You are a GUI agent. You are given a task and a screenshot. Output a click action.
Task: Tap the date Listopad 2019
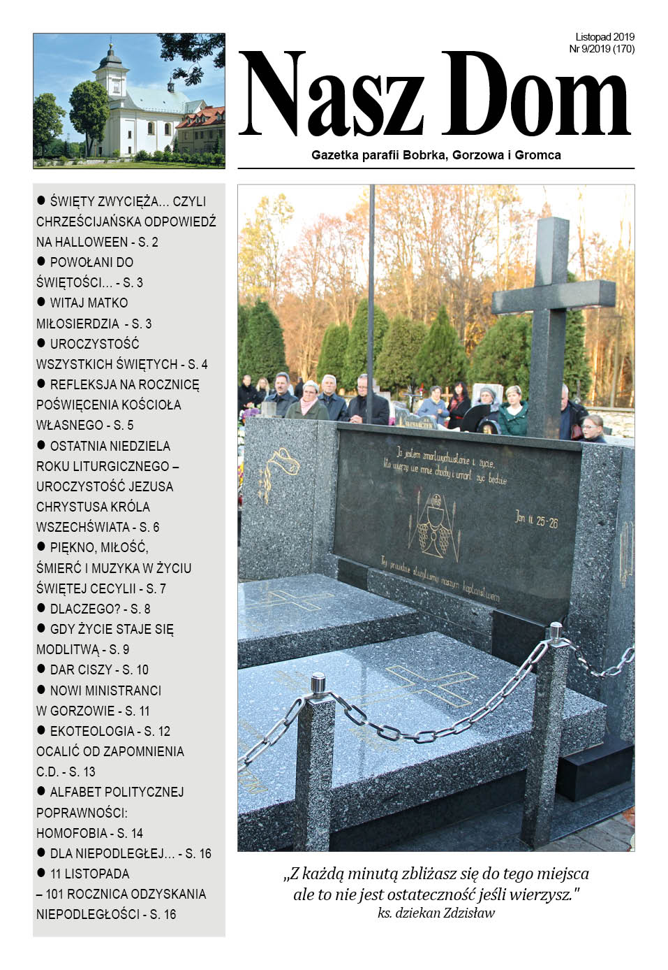(604, 37)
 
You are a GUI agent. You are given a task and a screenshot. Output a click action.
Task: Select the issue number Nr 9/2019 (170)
(602, 49)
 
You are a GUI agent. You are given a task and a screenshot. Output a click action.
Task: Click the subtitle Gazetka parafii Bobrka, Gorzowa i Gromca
(436, 155)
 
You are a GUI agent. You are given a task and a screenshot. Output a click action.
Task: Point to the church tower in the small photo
(112, 73)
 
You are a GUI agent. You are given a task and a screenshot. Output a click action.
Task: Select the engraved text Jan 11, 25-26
(536, 519)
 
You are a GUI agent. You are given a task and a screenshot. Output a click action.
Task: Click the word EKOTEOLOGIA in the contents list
(92, 731)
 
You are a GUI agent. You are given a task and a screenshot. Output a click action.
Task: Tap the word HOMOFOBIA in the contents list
(68, 833)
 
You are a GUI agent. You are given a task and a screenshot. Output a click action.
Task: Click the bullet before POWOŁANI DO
(41, 261)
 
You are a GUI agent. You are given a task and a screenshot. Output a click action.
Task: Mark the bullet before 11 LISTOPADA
(41, 873)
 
